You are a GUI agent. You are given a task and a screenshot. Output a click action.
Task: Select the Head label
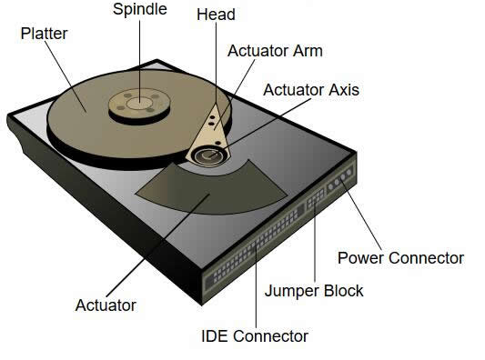click(215, 15)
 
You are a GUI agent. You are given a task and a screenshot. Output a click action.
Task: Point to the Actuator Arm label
click(275, 51)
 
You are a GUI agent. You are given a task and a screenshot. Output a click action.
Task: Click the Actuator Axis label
click(310, 90)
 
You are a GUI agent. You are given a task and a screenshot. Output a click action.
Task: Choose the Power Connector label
click(400, 258)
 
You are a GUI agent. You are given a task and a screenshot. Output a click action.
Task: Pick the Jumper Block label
click(313, 291)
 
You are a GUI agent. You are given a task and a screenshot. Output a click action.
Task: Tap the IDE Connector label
click(255, 335)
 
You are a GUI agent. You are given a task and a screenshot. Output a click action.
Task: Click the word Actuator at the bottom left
click(106, 305)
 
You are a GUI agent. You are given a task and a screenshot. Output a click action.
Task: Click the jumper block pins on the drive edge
click(318, 197)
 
